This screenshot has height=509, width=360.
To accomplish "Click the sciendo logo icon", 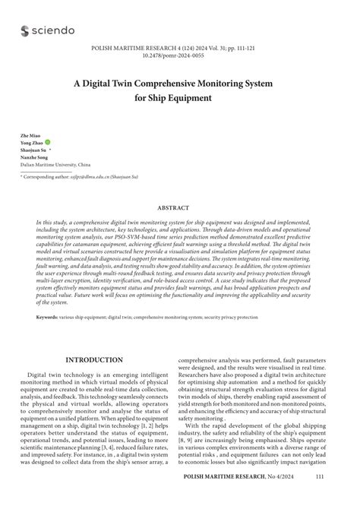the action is point(26,30).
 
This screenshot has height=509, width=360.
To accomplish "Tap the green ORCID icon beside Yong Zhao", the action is point(48,141).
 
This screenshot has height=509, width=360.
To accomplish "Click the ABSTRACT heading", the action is point(179,207).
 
